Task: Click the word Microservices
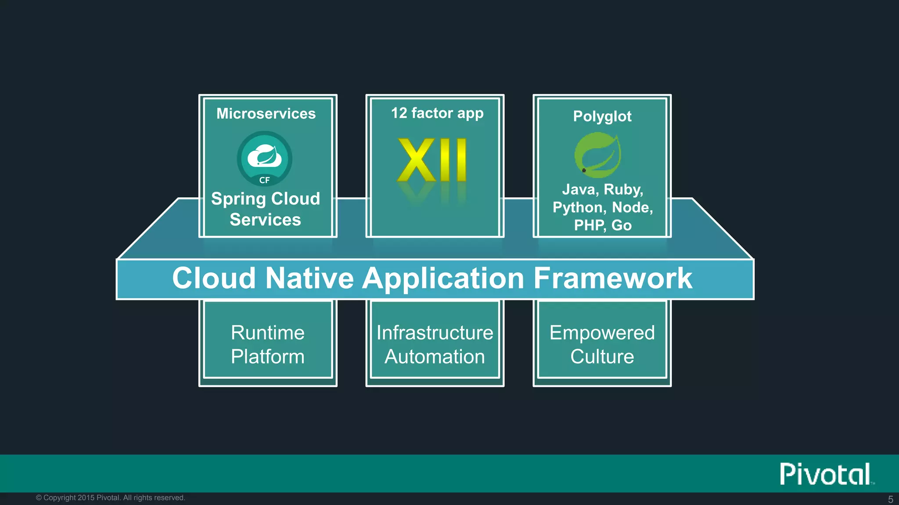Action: (x=266, y=114)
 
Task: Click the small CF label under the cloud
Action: (x=264, y=180)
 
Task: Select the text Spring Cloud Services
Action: (x=266, y=209)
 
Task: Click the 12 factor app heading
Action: (x=437, y=113)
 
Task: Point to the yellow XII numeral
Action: (x=432, y=160)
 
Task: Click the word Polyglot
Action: (x=602, y=116)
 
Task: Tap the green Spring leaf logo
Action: (x=597, y=155)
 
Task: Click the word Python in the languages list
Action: (x=579, y=207)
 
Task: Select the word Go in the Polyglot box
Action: (x=621, y=225)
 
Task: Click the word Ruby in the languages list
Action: (x=623, y=189)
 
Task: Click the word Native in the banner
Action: (x=309, y=278)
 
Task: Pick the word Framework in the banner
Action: (x=612, y=278)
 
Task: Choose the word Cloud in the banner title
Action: (x=214, y=278)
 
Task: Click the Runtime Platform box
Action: (x=268, y=344)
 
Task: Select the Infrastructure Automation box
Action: (x=435, y=344)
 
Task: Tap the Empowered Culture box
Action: (x=602, y=344)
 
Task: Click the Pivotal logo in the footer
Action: (x=826, y=474)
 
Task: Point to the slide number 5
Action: (x=890, y=499)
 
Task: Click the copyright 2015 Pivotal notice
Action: (x=111, y=498)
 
